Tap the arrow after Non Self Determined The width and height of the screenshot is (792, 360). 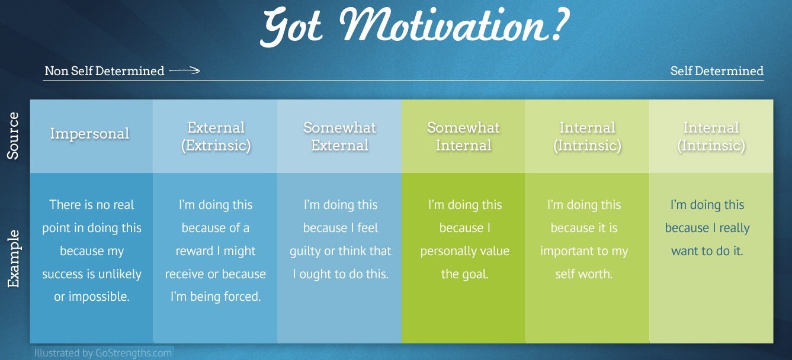[184, 71]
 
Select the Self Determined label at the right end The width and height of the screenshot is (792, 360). [717, 71]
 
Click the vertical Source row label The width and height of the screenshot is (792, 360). [14, 136]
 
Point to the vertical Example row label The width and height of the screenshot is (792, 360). [14, 259]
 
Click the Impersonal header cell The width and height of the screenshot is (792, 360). [89, 134]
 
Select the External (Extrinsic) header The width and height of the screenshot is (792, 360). [216, 136]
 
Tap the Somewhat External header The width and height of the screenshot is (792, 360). [339, 136]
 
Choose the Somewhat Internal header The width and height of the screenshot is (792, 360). [464, 136]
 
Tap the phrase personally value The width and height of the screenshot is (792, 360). [464, 251]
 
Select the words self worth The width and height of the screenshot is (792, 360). [583, 274]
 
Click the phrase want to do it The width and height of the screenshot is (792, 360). [707, 251]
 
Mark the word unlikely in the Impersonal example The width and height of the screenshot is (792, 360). [121, 274]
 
